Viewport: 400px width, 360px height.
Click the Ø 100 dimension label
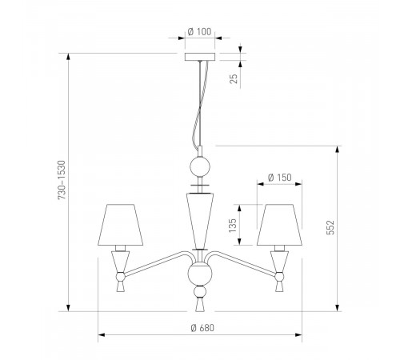(199, 32)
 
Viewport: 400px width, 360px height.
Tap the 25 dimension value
(234, 78)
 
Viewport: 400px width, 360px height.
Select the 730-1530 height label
(62, 180)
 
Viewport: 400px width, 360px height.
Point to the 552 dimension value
(330, 227)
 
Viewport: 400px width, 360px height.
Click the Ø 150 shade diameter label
(280, 178)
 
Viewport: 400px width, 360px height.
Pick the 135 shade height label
(233, 226)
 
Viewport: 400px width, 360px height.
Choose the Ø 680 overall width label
(202, 328)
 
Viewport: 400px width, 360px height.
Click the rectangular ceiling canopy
(200, 57)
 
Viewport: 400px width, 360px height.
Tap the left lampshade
(121, 225)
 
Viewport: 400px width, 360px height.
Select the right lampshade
(279, 225)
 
